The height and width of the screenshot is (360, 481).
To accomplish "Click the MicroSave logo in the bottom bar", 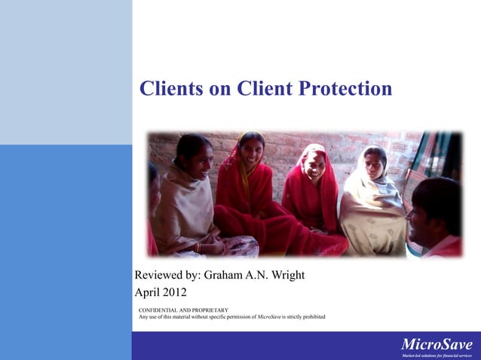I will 437,345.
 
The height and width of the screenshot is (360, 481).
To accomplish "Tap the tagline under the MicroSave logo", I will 437,355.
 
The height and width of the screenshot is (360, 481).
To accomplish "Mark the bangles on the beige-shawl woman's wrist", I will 198,246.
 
